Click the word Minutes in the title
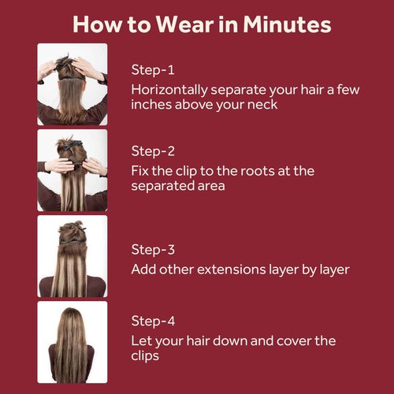point(287,24)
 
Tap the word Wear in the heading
point(184,24)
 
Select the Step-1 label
point(153,70)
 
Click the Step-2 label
point(153,151)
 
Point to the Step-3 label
point(153,250)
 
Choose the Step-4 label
point(153,321)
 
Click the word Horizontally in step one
point(169,90)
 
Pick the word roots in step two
point(258,171)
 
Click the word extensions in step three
point(228,269)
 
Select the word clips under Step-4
point(145,356)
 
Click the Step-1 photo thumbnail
point(72,84)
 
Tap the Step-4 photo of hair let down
point(72,342)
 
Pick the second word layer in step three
point(334,269)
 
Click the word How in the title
point(97,24)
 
